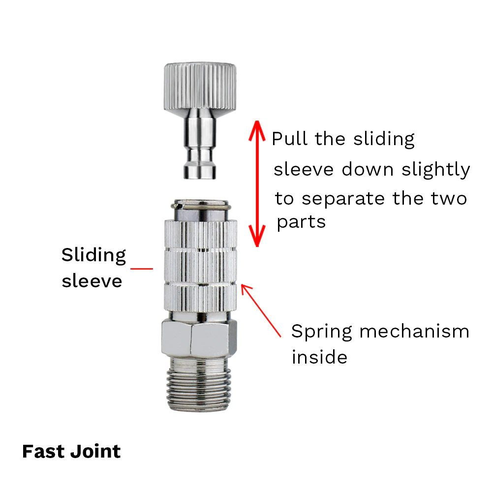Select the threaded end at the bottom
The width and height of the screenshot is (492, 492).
199,384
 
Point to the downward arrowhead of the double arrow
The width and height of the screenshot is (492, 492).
256,238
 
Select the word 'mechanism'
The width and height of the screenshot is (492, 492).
414,331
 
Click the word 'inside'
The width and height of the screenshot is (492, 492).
319,357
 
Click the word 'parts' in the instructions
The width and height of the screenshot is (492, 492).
301,222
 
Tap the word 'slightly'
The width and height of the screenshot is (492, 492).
435,170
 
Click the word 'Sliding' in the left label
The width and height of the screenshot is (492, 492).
94,256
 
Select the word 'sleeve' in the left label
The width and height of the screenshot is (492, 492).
92,281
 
